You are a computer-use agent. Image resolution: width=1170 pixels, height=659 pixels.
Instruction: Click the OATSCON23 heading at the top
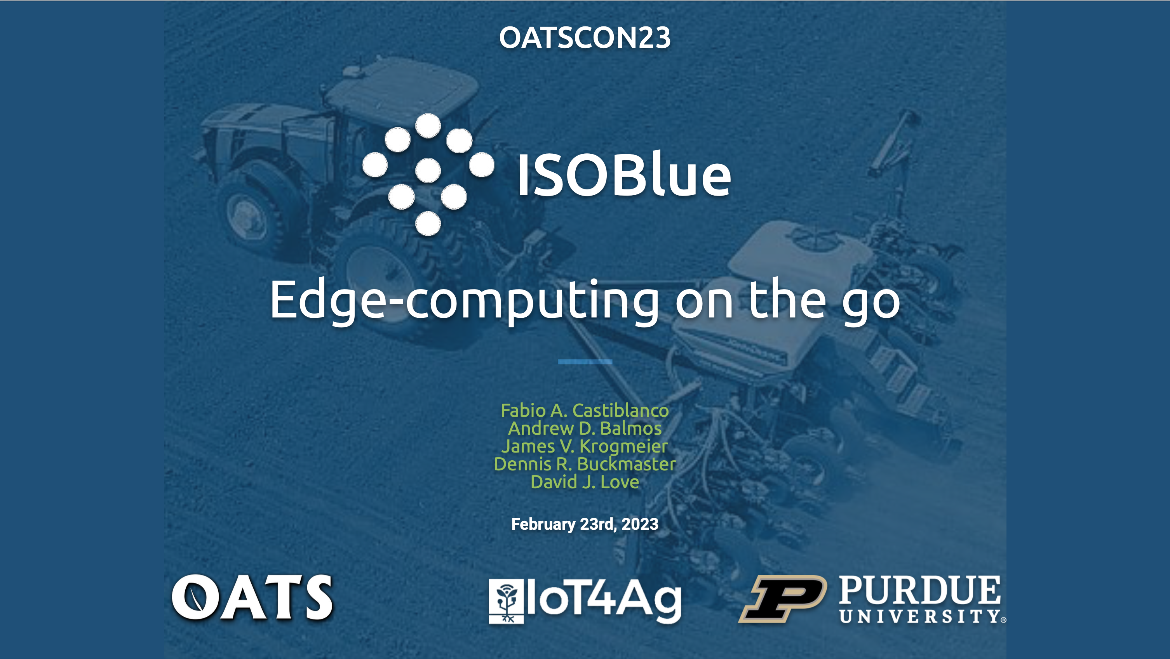585,37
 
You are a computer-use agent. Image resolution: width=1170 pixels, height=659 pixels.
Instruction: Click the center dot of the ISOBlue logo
428,171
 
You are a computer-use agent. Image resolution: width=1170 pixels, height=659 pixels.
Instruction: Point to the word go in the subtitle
871,304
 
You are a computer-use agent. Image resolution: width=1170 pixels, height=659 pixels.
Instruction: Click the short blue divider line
585,362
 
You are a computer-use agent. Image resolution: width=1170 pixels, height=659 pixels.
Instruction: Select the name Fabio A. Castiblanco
585,410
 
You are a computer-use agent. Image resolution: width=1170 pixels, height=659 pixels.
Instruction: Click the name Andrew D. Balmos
585,428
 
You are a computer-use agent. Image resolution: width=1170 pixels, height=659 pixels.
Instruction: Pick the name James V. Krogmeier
585,446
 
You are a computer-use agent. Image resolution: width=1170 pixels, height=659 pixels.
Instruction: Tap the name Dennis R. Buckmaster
585,464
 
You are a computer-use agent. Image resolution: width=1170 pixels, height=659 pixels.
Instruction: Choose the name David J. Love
585,482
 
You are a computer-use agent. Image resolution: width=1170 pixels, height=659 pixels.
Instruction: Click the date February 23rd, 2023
585,524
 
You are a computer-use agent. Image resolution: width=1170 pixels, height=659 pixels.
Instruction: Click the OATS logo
252,597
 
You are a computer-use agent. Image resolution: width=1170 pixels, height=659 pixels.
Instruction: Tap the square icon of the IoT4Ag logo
506,601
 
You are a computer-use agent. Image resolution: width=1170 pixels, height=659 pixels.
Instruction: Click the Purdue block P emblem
782,598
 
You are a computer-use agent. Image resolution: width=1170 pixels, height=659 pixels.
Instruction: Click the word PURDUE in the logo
920,590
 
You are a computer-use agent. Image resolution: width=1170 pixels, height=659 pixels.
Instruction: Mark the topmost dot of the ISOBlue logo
428,125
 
